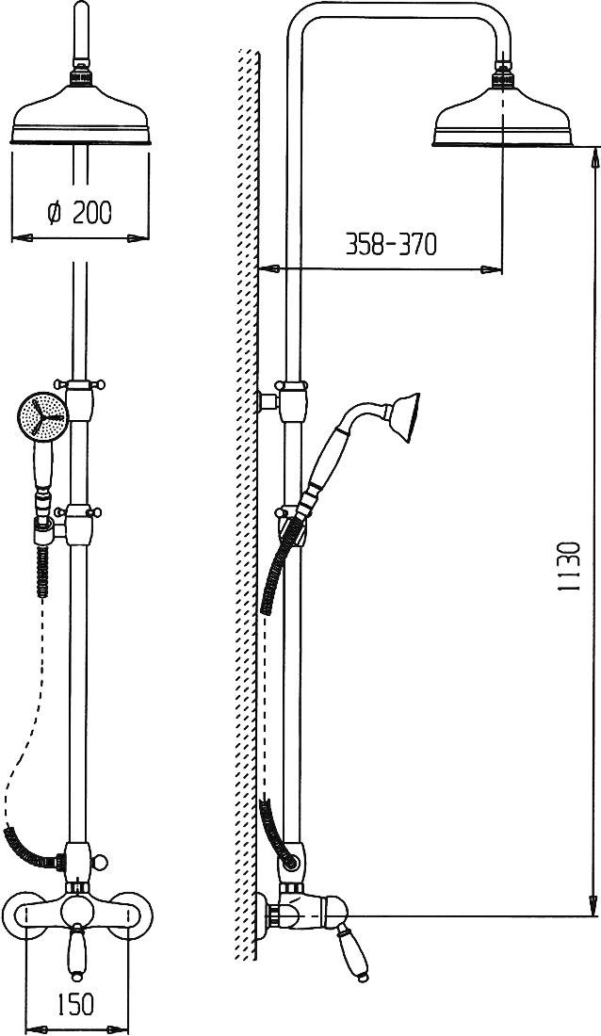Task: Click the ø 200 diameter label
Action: tap(80, 212)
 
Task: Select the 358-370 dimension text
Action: tap(392, 245)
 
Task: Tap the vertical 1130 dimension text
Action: tap(569, 566)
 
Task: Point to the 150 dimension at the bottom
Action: tap(76, 1005)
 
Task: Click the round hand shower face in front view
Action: tap(43, 417)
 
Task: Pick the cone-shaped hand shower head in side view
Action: tap(402, 417)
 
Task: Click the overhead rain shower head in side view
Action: tap(502, 116)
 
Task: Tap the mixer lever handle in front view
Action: tap(77, 950)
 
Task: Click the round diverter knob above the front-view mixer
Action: tap(100, 862)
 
